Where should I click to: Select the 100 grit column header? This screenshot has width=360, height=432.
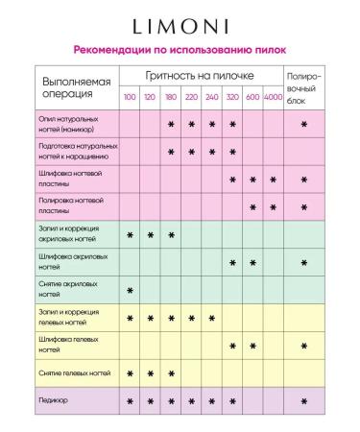pos(129,98)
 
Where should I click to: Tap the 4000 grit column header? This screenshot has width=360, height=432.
pos(272,98)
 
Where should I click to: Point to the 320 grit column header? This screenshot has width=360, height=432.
pos(231,98)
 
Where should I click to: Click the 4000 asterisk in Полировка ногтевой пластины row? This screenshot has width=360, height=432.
pos(273,206)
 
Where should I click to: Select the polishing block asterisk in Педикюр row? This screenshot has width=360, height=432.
pos(303,399)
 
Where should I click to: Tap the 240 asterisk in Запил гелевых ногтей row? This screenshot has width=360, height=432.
pos(211,318)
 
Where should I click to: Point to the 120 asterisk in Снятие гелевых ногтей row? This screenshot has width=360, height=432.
pos(150,372)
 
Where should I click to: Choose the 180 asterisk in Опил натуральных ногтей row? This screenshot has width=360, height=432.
pos(171,124)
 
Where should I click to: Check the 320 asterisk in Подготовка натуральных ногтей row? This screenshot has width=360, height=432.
pos(231,152)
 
